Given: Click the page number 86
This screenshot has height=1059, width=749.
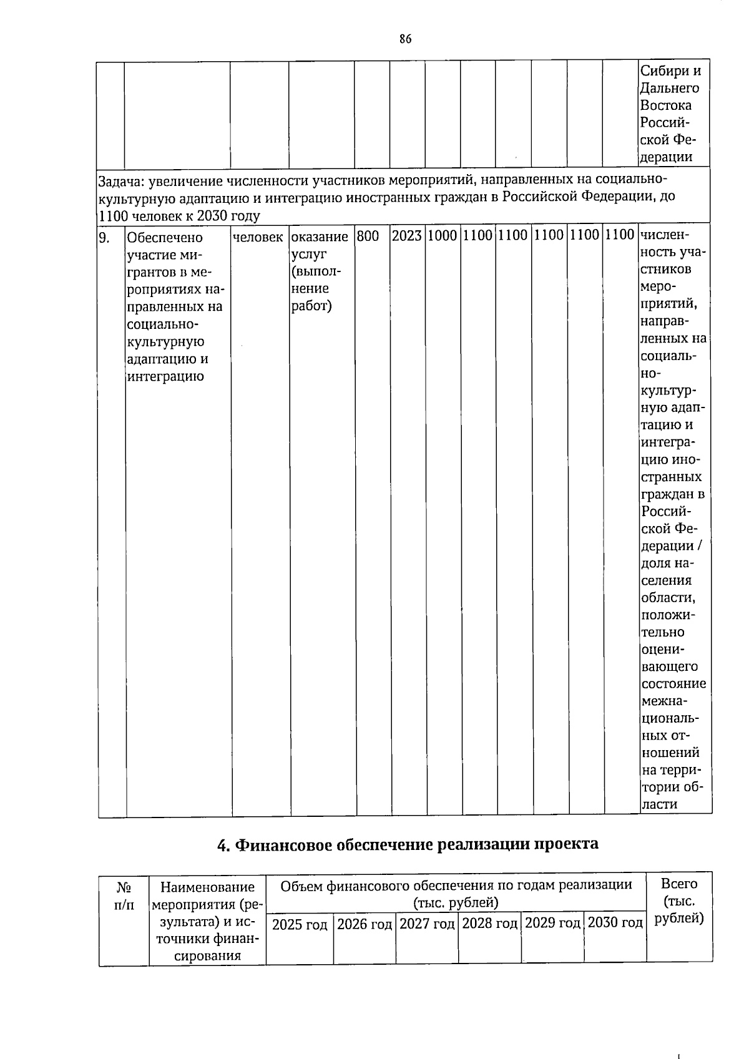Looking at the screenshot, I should (405, 39).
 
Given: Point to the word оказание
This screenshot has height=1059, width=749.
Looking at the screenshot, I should (320, 237).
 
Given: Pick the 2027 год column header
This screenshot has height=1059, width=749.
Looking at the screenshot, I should (427, 924).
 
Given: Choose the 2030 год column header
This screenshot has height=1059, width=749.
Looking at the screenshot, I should (615, 923).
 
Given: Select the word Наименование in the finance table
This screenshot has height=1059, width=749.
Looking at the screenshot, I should (208, 887).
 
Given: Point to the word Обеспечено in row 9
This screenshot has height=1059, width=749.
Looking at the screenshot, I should (165, 238).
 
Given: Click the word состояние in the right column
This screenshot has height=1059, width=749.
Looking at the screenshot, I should (673, 683).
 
